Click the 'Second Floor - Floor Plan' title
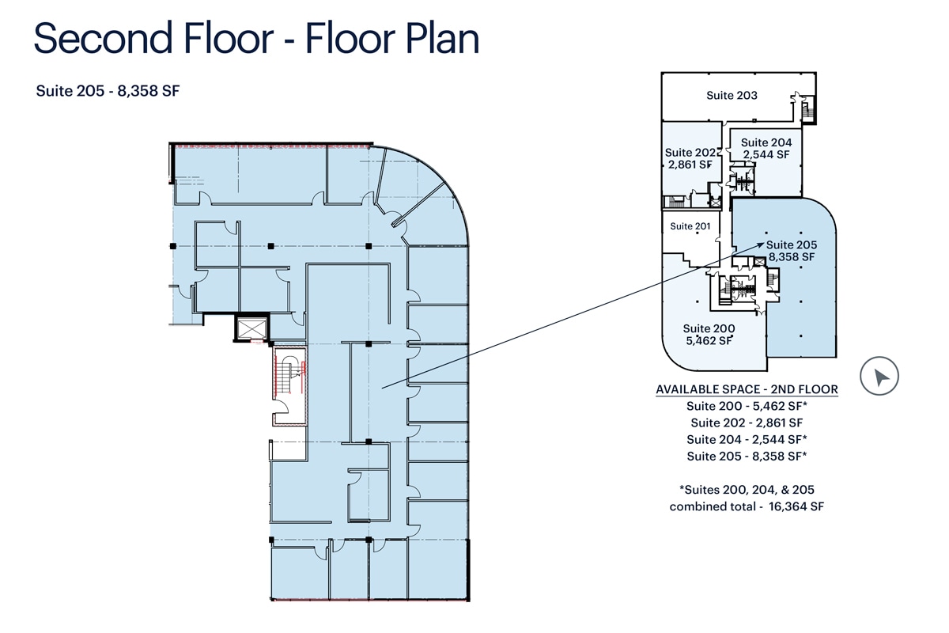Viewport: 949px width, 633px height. (x=256, y=38)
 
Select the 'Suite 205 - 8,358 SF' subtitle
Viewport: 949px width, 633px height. (x=108, y=91)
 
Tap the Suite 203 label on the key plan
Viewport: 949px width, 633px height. (x=732, y=96)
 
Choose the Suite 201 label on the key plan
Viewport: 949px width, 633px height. (x=690, y=226)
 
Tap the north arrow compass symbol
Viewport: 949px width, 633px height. (x=879, y=376)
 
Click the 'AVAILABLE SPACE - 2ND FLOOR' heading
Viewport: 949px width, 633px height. (x=747, y=389)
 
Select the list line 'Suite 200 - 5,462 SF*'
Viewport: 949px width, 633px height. (x=747, y=406)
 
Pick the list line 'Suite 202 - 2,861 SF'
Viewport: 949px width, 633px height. (x=747, y=423)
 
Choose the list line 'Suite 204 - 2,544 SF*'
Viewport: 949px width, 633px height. (x=747, y=440)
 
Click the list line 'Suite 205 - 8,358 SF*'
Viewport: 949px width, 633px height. (x=747, y=457)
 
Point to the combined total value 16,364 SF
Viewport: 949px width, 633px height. (x=796, y=506)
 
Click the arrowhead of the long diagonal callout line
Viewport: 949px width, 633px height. (x=761, y=244)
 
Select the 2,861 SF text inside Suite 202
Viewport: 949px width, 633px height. (x=690, y=165)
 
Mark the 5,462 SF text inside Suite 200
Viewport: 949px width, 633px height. (x=709, y=340)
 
